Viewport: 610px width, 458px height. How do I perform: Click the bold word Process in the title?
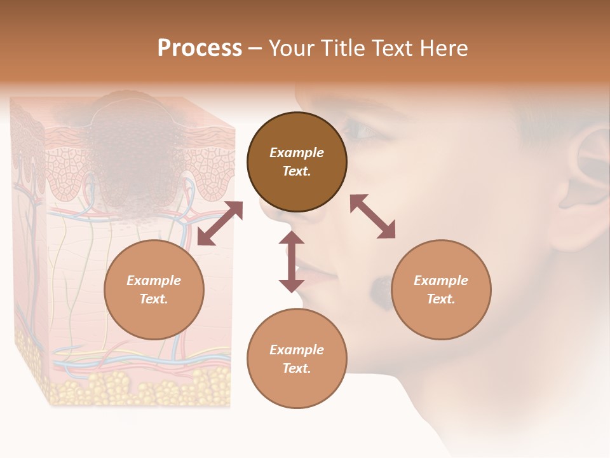pyautogui.click(x=200, y=48)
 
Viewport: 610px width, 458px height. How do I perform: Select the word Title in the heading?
pyautogui.click(x=343, y=48)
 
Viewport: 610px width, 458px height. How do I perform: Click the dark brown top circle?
pyautogui.click(x=297, y=162)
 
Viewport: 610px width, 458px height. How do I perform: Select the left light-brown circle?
pyautogui.click(x=154, y=289)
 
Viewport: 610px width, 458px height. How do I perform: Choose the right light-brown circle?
pyautogui.click(x=441, y=289)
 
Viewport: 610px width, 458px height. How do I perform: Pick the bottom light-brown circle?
pyautogui.click(x=297, y=358)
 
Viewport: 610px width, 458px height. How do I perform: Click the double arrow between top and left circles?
pyautogui.click(x=220, y=223)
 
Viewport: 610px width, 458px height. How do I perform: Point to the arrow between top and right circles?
pyautogui.click(x=373, y=217)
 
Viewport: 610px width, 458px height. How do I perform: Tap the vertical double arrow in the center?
pyautogui.click(x=292, y=261)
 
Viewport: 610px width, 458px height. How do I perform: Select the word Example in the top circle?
pyautogui.click(x=297, y=153)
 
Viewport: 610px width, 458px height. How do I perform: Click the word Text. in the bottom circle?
pyautogui.click(x=297, y=368)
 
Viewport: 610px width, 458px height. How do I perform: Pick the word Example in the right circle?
pyautogui.click(x=441, y=281)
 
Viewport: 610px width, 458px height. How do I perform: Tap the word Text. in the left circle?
pyautogui.click(x=154, y=299)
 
